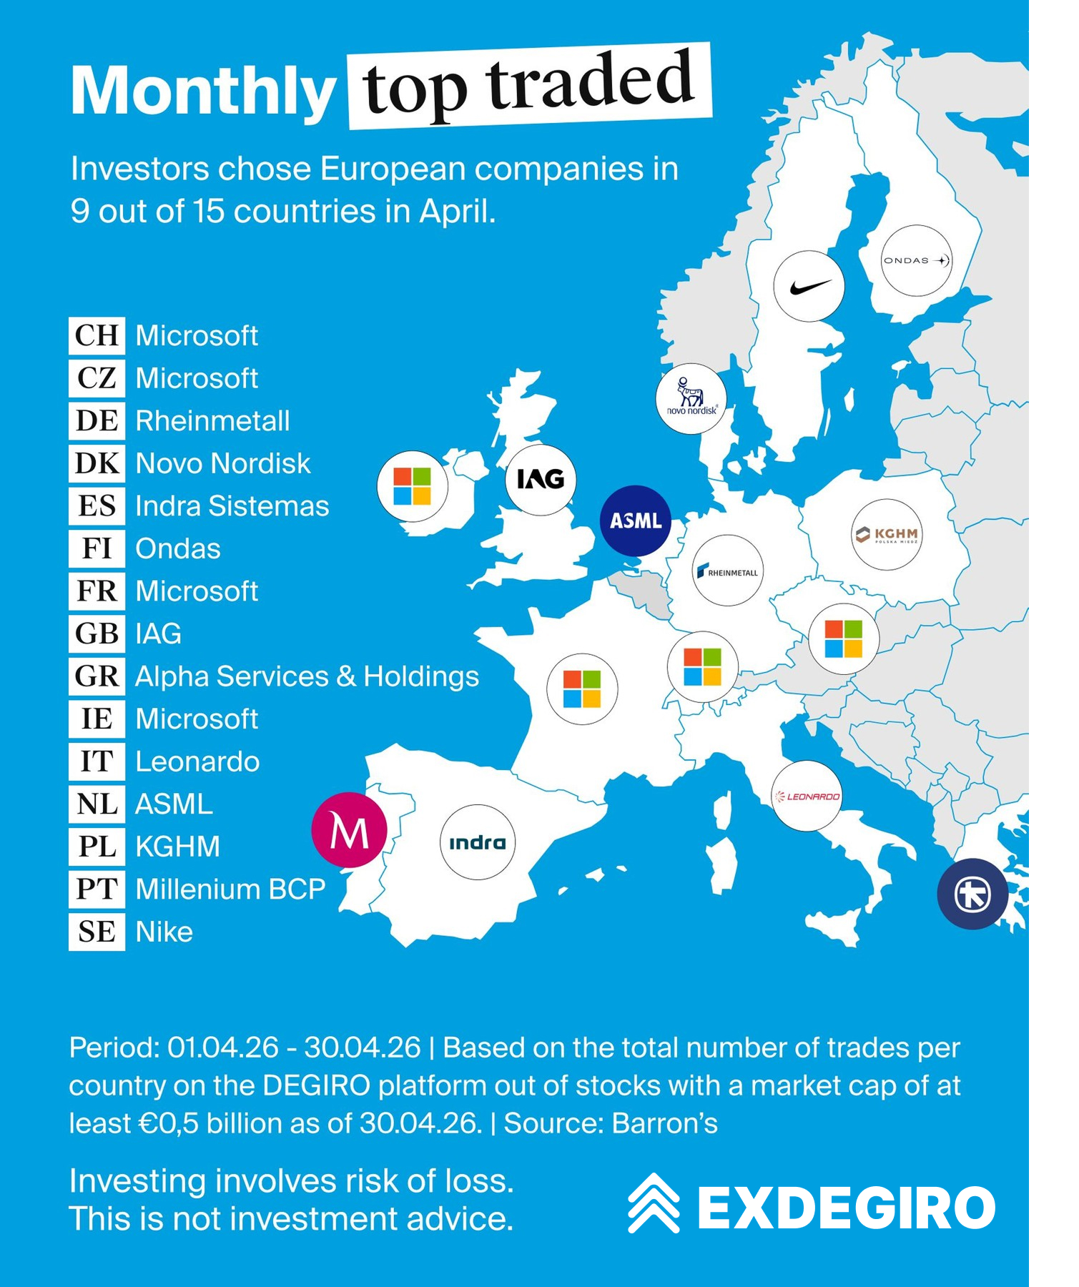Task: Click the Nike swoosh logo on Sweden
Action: click(x=809, y=286)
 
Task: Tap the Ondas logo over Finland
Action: click(x=916, y=260)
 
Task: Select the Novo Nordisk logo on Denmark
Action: click(x=691, y=398)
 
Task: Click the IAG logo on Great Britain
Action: click(x=541, y=479)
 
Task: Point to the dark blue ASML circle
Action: click(x=636, y=521)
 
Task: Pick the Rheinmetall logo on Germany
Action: click(x=728, y=571)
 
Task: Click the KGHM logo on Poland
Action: click(x=887, y=534)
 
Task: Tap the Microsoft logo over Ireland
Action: click(x=413, y=486)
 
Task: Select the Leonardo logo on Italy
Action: click(x=807, y=796)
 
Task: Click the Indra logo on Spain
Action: click(x=477, y=842)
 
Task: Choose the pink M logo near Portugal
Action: click(x=349, y=830)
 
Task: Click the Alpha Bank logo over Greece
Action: click(x=972, y=894)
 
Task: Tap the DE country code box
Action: click(x=97, y=420)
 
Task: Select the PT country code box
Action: click(x=97, y=889)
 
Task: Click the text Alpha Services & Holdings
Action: click(x=307, y=676)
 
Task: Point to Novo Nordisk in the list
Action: click(x=223, y=463)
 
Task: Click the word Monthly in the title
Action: click(x=203, y=92)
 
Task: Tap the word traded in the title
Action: click(x=591, y=81)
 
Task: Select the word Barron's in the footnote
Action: click(x=664, y=1123)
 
